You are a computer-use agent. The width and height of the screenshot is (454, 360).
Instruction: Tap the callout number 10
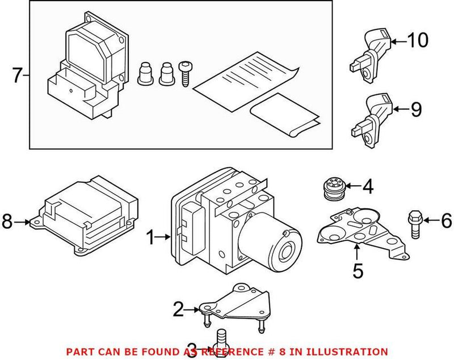[x=418, y=41]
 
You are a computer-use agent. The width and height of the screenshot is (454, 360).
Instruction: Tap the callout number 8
[x=7, y=223]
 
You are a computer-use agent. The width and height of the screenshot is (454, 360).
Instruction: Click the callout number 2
[x=178, y=309]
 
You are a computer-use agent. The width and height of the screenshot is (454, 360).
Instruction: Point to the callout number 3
[x=193, y=348]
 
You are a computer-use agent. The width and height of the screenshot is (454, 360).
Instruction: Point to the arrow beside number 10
[x=398, y=41]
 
